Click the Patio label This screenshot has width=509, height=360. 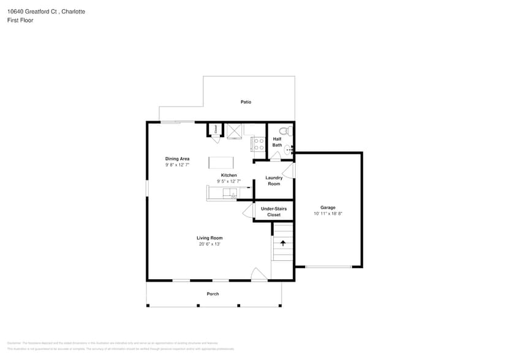click(246, 102)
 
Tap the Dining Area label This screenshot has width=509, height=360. click(177, 159)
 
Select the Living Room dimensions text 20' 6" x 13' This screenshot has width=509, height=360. click(209, 244)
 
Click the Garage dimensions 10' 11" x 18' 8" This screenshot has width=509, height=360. click(328, 214)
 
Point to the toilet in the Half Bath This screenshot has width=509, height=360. click(283, 131)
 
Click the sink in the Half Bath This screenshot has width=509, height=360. click(289, 148)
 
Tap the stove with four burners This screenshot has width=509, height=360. click(258, 144)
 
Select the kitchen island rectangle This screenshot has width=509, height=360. click(221, 162)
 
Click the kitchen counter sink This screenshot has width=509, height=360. click(230, 193)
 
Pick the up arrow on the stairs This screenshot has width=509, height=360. click(283, 242)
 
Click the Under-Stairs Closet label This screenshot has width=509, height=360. click(274, 212)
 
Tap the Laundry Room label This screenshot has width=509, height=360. click(274, 181)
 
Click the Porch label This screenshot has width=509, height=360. click(213, 294)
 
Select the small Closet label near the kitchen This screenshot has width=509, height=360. click(216, 129)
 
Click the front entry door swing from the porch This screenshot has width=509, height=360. click(259, 275)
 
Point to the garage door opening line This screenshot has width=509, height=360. click(328, 266)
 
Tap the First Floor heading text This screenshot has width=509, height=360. click(20, 20)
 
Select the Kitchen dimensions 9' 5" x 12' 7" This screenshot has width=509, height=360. click(228, 181)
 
